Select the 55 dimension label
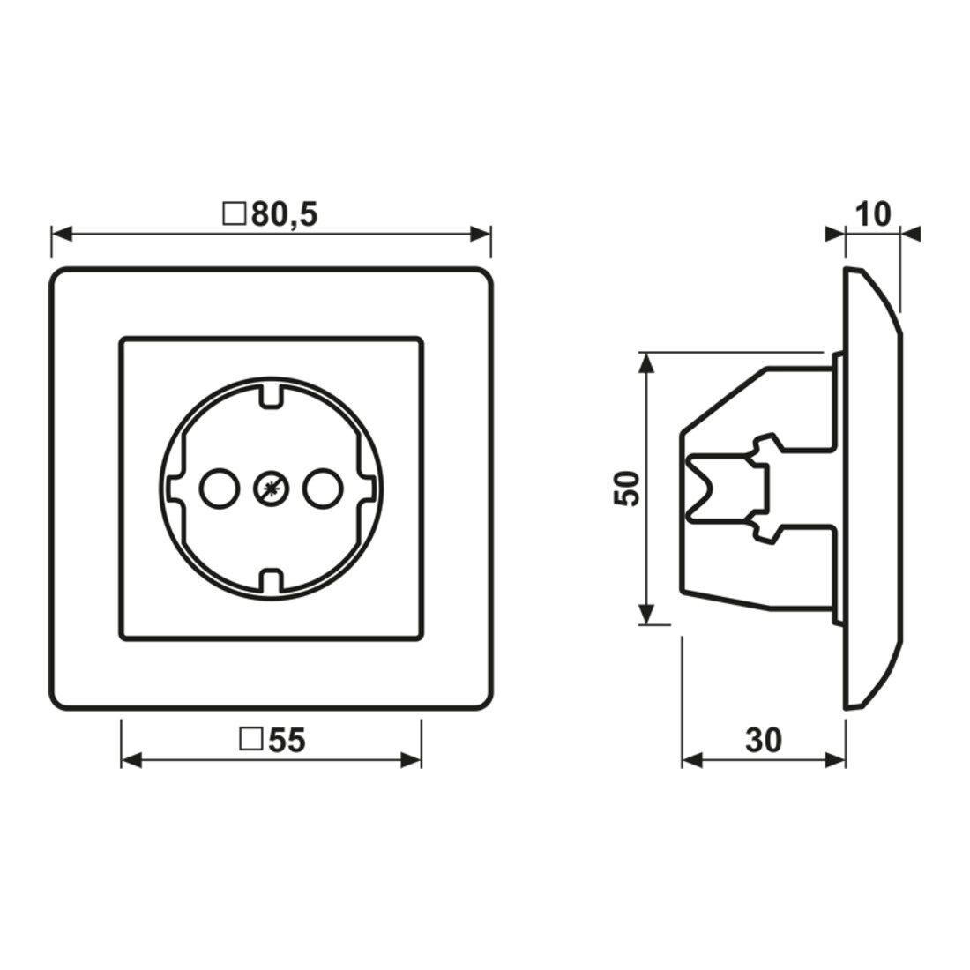[x=287, y=739]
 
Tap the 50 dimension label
[x=627, y=489]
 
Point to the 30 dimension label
[x=764, y=739]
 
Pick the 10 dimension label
[x=873, y=214]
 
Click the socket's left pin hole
[x=219, y=489]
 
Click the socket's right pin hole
[x=322, y=489]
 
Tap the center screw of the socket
[x=271, y=489]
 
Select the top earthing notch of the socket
[x=271, y=396]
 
